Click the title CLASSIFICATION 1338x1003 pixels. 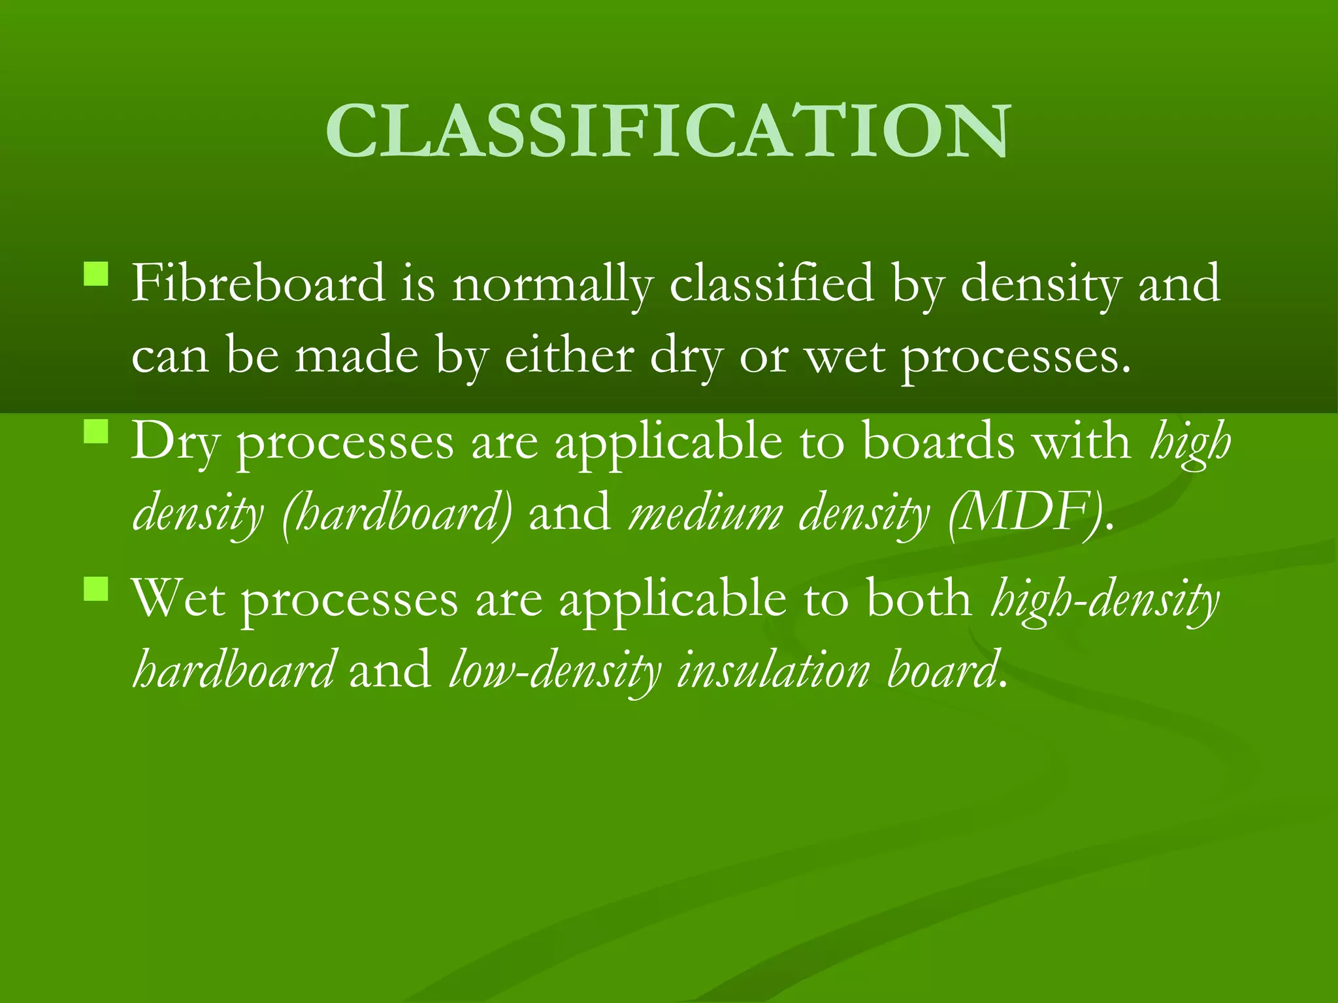tap(668, 132)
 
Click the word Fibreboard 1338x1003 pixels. tap(258, 284)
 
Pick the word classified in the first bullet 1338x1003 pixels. tap(772, 284)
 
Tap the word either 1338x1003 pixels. tap(569, 356)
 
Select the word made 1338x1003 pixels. tap(356, 356)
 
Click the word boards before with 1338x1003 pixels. tap(938, 441)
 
